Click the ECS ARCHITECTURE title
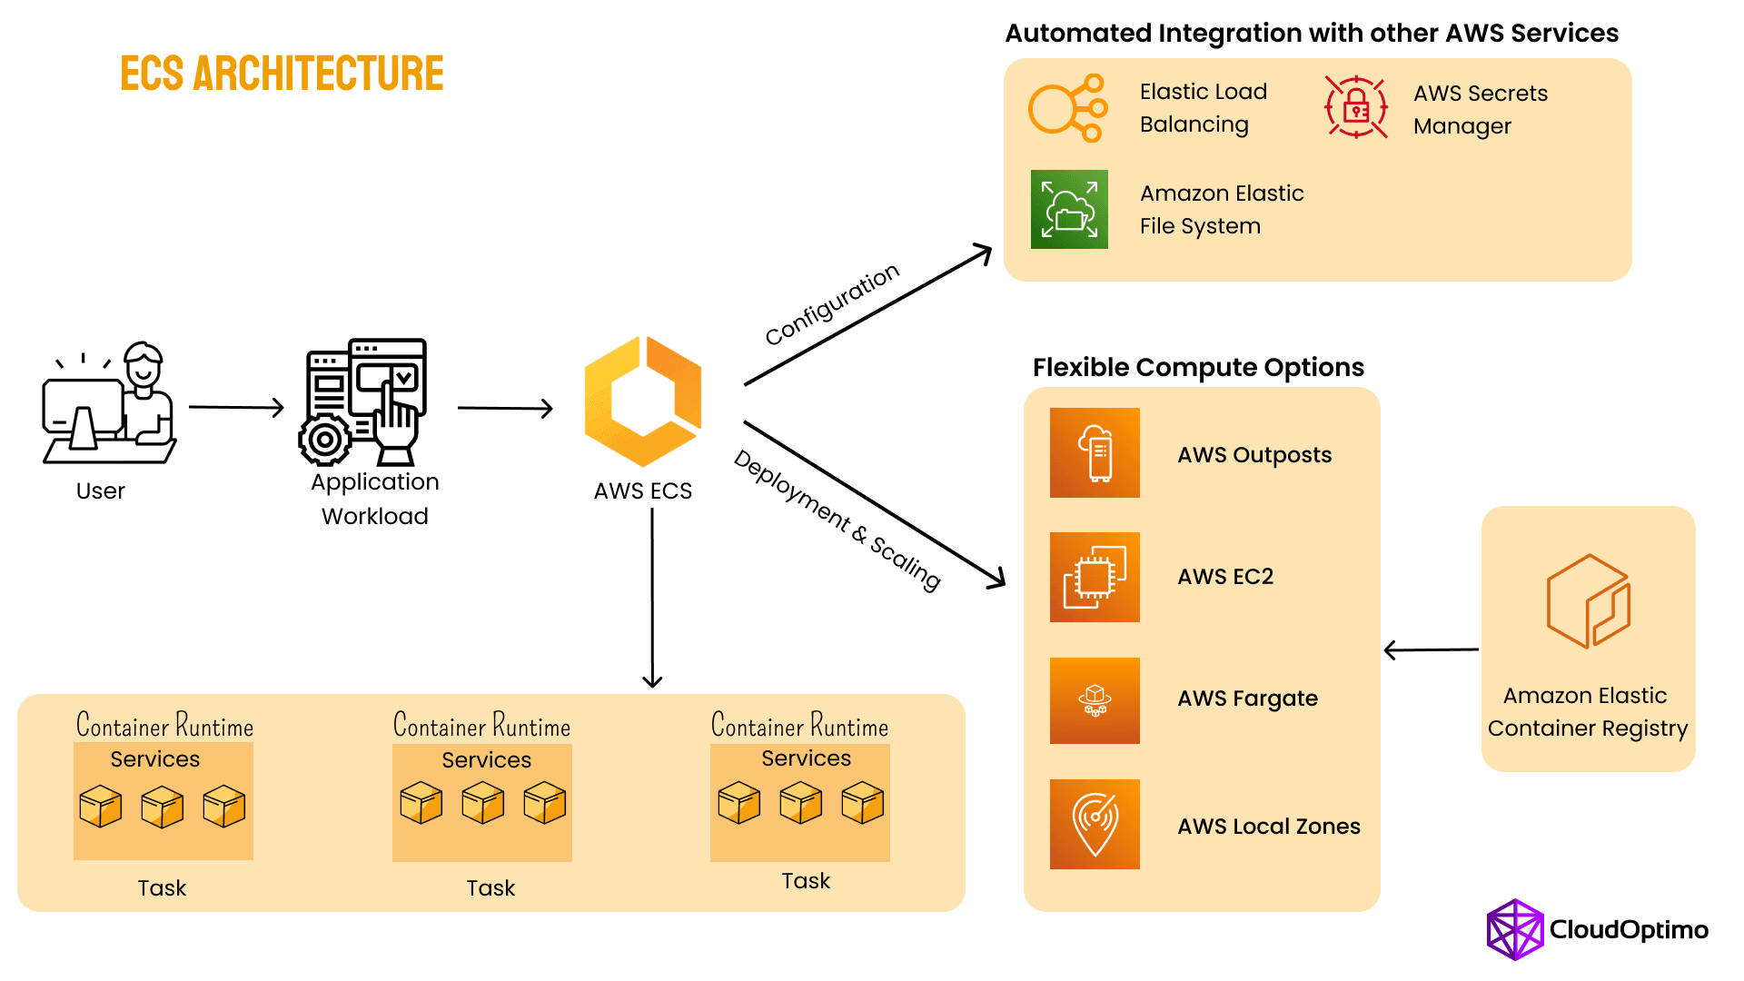pyautogui.click(x=282, y=74)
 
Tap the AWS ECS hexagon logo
pyautogui.click(x=643, y=401)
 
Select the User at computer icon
pyautogui.click(x=109, y=403)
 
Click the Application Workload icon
pyautogui.click(x=364, y=402)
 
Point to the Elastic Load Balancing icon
pyautogui.click(x=1068, y=108)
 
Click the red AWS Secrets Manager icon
pyautogui.click(x=1356, y=107)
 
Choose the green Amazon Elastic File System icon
pyautogui.click(x=1069, y=209)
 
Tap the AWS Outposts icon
pyautogui.click(x=1095, y=452)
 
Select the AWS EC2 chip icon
pyautogui.click(x=1095, y=577)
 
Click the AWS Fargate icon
pyautogui.click(x=1095, y=700)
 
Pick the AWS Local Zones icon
pyautogui.click(x=1095, y=824)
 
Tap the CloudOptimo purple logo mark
pyautogui.click(x=1514, y=929)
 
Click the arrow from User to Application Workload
pyautogui.click(x=236, y=408)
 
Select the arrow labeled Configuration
pyautogui.click(x=867, y=315)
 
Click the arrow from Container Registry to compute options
pyautogui.click(x=1431, y=650)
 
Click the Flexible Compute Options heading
pyautogui.click(x=1198, y=367)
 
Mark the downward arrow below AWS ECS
pyautogui.click(x=652, y=599)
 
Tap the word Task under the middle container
pyautogui.click(x=490, y=888)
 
